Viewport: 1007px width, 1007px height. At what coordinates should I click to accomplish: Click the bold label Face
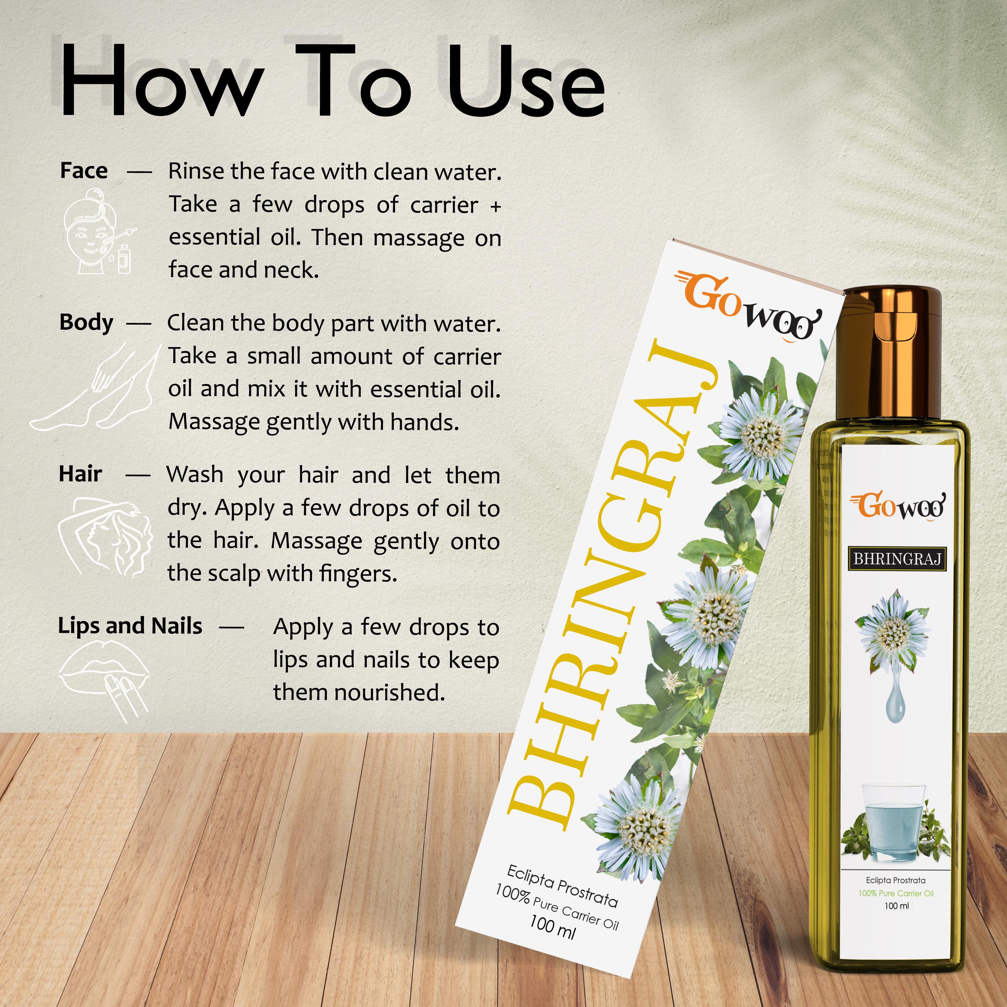(84, 171)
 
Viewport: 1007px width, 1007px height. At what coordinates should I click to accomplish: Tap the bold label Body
(86, 323)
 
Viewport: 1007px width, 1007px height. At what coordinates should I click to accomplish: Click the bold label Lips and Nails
(130, 626)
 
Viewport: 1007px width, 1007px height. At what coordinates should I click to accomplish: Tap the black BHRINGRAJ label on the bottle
(897, 559)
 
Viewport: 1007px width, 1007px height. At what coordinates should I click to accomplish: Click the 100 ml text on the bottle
(897, 906)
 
